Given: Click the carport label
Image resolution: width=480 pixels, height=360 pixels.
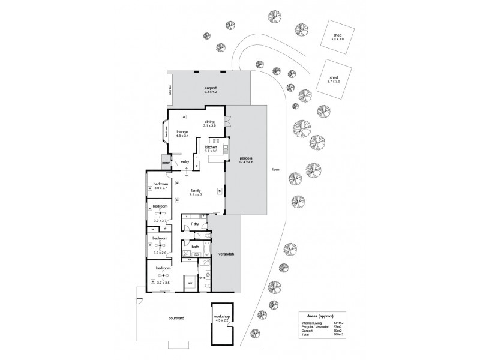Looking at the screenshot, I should coord(209,88).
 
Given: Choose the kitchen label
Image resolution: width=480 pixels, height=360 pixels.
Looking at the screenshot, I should coord(211,147).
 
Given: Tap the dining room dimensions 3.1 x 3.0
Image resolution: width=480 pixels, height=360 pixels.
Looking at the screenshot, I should coord(209,125).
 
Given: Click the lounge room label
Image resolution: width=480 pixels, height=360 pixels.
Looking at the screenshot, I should coord(182,131).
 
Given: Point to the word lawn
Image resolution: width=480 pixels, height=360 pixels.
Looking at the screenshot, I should coord(276,170).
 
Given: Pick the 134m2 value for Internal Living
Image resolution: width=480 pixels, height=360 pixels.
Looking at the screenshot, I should coord(338,323).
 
